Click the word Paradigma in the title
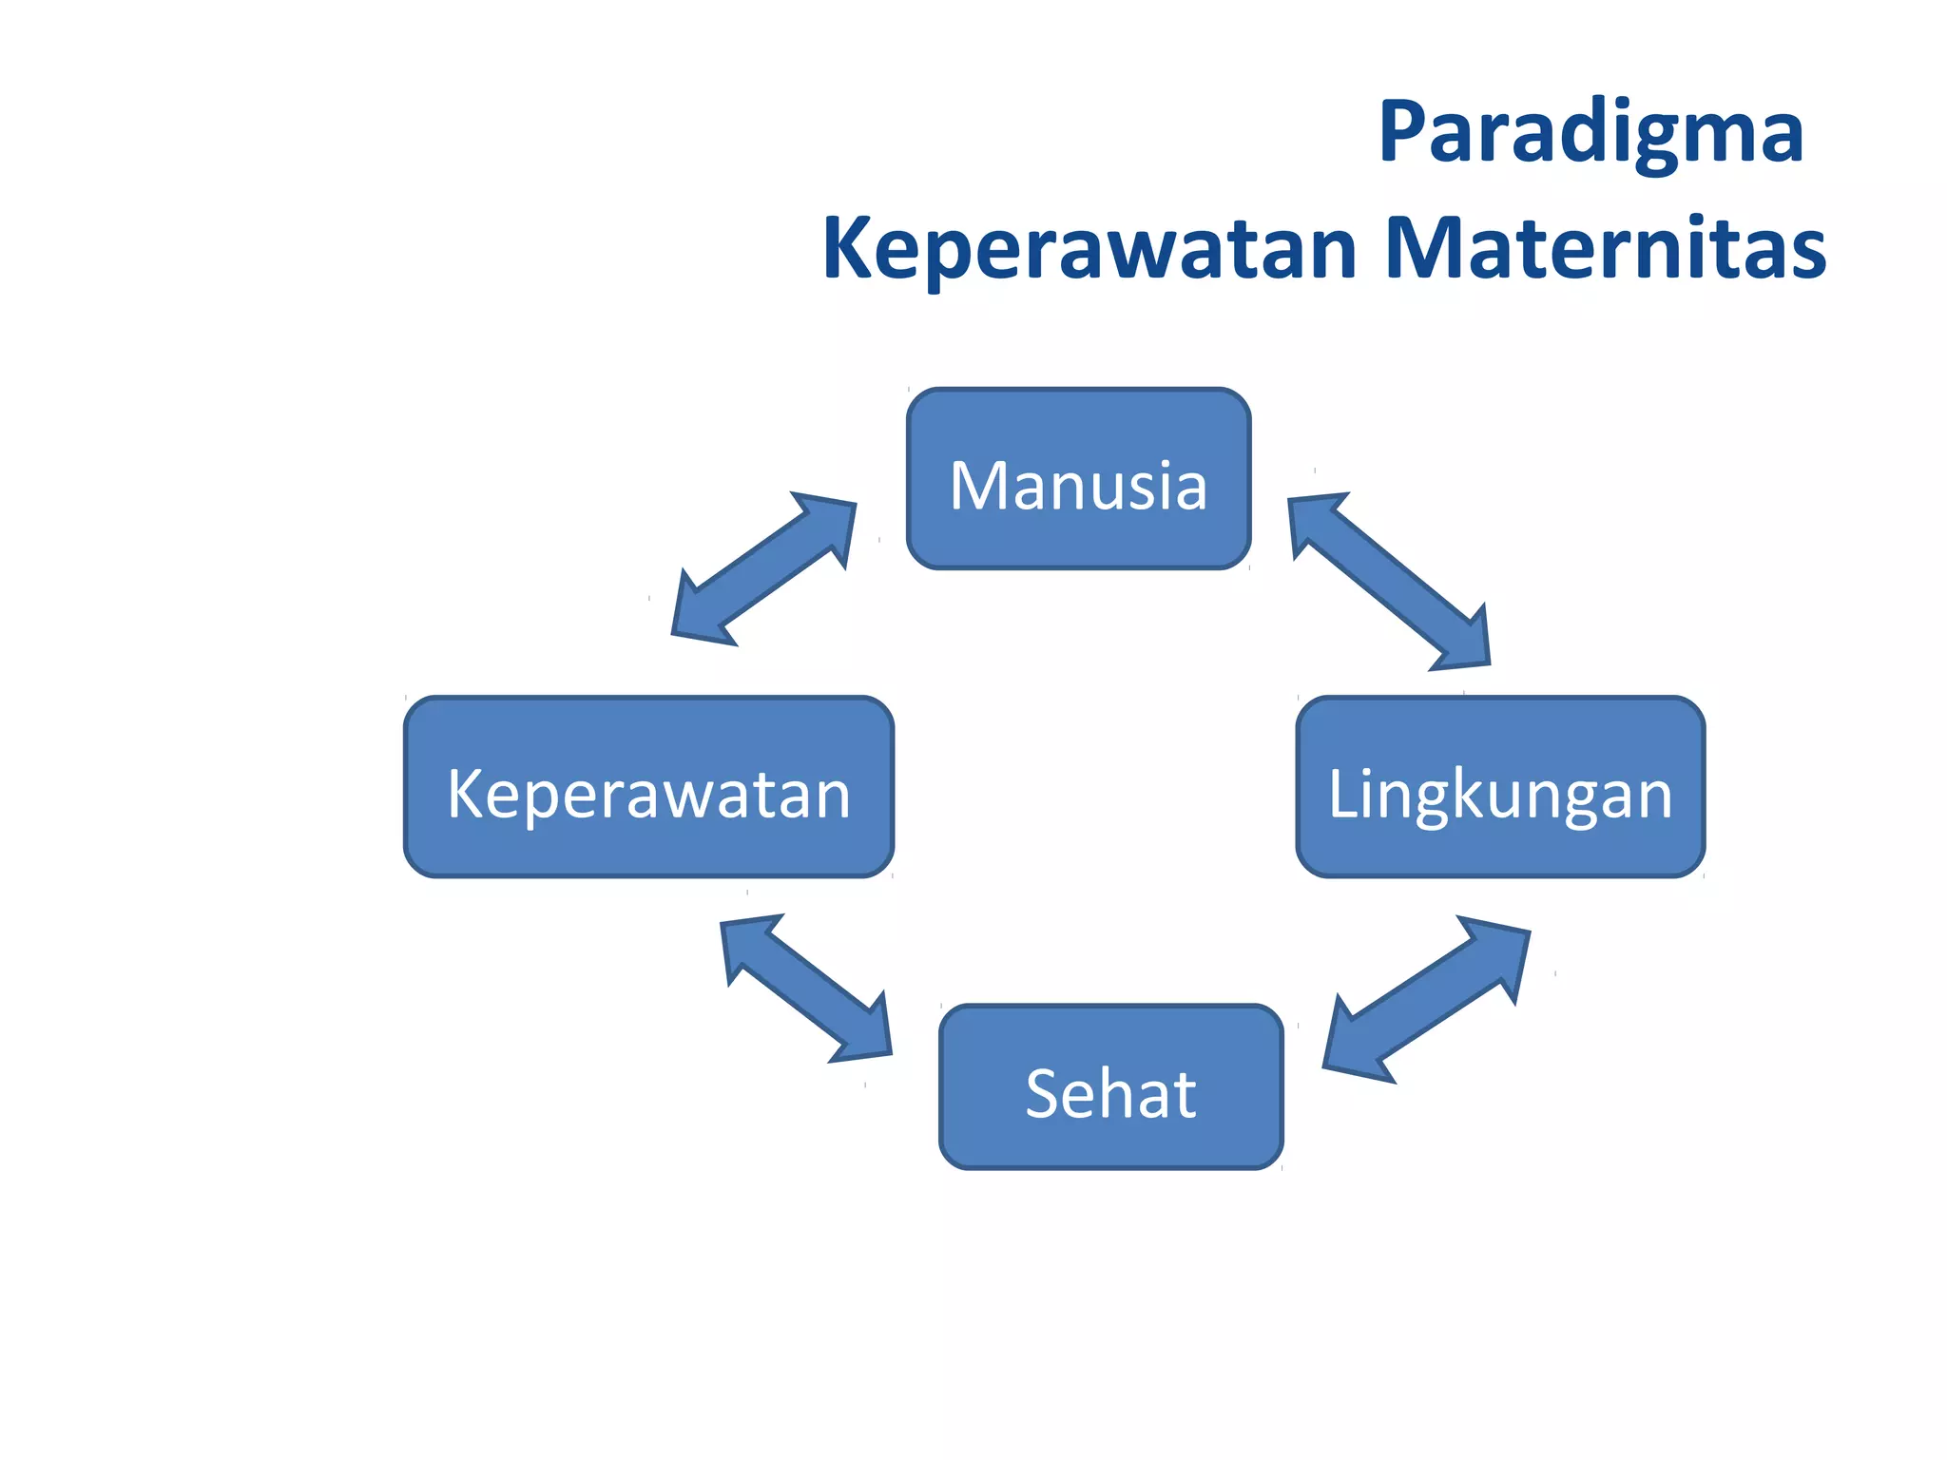pyautogui.click(x=1590, y=133)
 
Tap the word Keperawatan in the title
pyautogui.click(x=1089, y=249)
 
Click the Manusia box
pyautogui.click(x=1078, y=479)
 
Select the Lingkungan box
pyautogui.click(x=1500, y=787)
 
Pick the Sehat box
pyautogui.click(x=1110, y=1086)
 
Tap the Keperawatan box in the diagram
pyautogui.click(x=648, y=787)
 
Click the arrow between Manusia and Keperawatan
pyautogui.click(x=764, y=569)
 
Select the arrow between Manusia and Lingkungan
pyautogui.click(x=1389, y=582)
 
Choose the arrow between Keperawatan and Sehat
pyautogui.click(x=806, y=989)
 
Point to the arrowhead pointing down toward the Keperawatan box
pyautogui.click(x=700, y=615)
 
